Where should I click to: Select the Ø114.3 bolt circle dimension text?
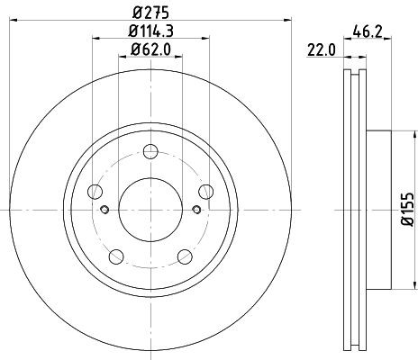pos(151,32)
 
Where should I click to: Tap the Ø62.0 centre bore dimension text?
pos(151,50)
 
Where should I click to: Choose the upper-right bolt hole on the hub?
pos(206,190)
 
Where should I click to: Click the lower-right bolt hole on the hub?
pos(185,255)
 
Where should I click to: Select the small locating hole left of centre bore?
pos(105,211)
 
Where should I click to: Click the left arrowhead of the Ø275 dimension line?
pos(10,22)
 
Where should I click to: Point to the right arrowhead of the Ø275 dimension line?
pos(291,22)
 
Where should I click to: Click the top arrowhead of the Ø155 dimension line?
pos(396,135)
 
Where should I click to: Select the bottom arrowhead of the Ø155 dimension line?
pos(396,286)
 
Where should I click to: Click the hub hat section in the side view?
pos(378,210)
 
